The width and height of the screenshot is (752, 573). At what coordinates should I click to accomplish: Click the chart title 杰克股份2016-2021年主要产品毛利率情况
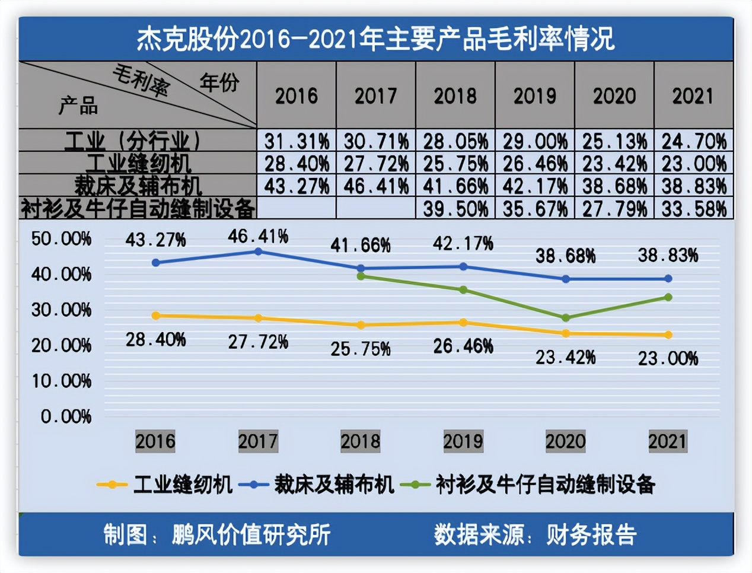[375, 39]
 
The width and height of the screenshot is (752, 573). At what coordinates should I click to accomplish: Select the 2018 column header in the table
[455, 95]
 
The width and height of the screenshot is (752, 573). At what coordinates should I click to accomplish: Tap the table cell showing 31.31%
[297, 141]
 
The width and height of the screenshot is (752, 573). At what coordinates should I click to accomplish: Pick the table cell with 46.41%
[376, 186]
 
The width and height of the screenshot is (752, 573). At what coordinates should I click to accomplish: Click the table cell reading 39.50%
[455, 209]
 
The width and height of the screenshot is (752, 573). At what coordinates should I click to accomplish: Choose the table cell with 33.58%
[694, 209]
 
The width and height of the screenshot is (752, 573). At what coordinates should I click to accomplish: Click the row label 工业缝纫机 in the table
[138, 163]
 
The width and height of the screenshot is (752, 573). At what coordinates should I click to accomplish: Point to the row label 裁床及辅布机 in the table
[138, 186]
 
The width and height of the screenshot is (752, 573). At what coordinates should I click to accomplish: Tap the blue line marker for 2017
[259, 252]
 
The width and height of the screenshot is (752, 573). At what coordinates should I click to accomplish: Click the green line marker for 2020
[566, 318]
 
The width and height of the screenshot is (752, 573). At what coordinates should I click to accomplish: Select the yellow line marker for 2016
[156, 316]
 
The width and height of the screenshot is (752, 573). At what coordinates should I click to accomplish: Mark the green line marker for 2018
[361, 276]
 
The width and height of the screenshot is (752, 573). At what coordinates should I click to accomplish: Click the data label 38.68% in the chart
[565, 256]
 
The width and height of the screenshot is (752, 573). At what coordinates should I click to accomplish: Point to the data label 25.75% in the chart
[361, 349]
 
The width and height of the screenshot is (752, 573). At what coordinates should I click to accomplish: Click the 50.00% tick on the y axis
[61, 239]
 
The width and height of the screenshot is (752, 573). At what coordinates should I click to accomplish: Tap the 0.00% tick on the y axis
[66, 416]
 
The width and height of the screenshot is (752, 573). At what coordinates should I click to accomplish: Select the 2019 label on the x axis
[463, 441]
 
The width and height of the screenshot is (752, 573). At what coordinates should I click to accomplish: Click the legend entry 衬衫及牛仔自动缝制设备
[544, 485]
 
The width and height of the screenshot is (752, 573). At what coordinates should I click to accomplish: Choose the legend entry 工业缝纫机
[182, 485]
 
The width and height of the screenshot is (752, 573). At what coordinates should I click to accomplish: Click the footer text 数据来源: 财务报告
[535, 534]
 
